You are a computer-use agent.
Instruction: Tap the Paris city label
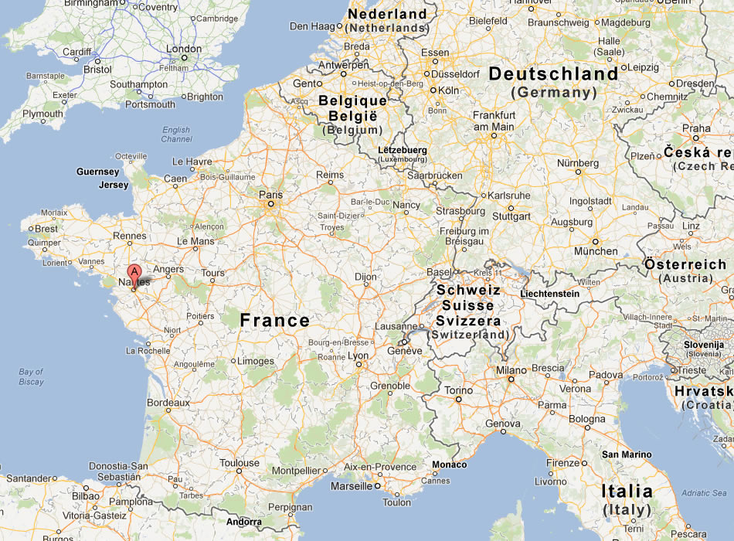[x=270, y=195]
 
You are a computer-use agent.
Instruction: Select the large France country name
[x=274, y=320]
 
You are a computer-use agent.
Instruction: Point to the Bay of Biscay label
[x=32, y=377]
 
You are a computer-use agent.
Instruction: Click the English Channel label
[x=176, y=134]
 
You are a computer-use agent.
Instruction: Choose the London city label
[x=184, y=49]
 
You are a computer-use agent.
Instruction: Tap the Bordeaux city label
[x=168, y=403]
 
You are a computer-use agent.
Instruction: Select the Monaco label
[x=450, y=464]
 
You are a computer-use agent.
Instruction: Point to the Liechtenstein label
[x=549, y=294]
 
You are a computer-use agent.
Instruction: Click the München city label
[x=596, y=251]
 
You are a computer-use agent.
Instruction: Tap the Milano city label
[x=511, y=370]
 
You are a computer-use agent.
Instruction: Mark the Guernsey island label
[x=98, y=172]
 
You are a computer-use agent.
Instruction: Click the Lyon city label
[x=358, y=356]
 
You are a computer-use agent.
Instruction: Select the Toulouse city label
[x=239, y=463]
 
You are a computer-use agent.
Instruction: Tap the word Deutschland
[x=553, y=74]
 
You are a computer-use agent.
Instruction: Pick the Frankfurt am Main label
[x=493, y=121]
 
